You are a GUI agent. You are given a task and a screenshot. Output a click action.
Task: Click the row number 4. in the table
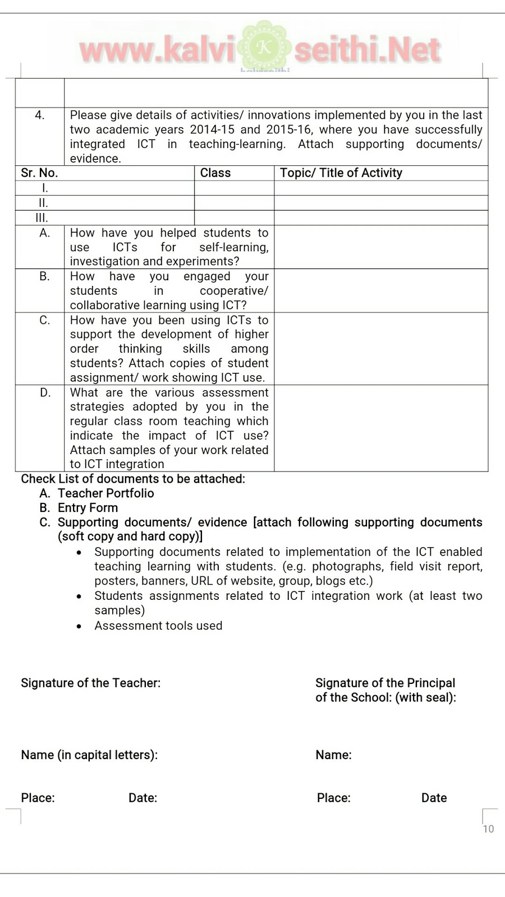pos(39,115)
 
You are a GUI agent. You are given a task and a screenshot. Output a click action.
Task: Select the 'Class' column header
pos(215,173)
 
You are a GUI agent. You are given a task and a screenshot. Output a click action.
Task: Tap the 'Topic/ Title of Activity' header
pos(341,173)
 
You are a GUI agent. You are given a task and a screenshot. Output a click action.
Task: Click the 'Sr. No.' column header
pos(39,173)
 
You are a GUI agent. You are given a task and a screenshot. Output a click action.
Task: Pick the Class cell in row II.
pos(234,203)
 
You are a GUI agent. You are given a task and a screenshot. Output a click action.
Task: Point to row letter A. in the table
pos(45,233)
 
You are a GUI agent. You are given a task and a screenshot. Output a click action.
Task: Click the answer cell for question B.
pos(381,290)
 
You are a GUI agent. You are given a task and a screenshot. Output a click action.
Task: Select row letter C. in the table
pos(45,320)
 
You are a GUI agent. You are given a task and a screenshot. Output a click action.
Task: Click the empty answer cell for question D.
pos(381,428)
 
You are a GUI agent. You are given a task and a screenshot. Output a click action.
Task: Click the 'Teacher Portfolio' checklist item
pos(105,493)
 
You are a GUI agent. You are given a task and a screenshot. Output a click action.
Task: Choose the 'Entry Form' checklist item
pos(88,508)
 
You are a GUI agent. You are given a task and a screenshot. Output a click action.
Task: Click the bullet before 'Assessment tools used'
pos(80,626)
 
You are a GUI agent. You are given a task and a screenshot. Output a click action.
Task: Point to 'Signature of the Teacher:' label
pos(90,683)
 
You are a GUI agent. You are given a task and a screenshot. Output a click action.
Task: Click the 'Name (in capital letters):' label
pos(89,755)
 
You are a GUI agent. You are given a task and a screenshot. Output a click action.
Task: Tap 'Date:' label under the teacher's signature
pos(143,798)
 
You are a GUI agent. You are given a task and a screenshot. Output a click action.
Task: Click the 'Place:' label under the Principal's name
pos(333,798)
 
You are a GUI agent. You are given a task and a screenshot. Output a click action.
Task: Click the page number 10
pos(488,829)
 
